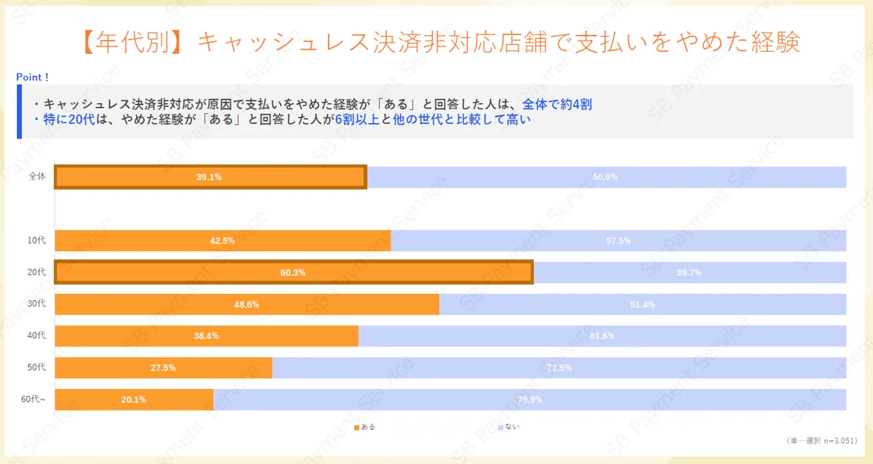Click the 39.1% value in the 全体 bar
[209, 177]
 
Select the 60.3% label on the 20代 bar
[293, 272]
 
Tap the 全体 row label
[37, 177]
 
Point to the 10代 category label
[37, 241]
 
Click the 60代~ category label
[34, 399]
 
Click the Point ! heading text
[32, 77]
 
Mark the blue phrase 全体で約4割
[557, 104]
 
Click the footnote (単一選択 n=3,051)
[821, 441]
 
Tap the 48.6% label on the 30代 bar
[246, 304]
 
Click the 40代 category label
[37, 336]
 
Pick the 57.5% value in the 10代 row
[618, 241]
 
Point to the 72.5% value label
[559, 368]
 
